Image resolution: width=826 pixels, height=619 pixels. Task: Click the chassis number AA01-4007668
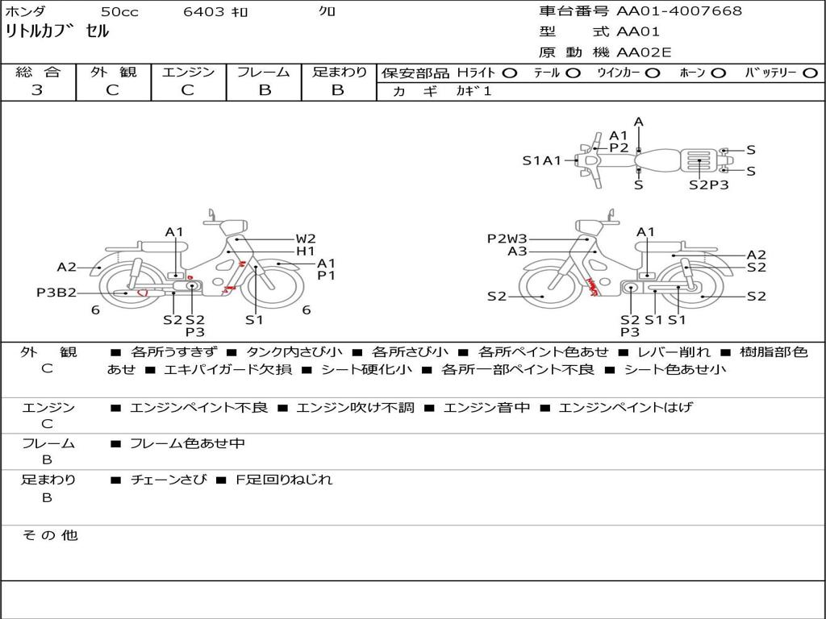[679, 11]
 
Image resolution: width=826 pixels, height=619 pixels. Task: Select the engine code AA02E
[645, 52]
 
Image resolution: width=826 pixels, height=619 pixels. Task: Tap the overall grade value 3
[37, 90]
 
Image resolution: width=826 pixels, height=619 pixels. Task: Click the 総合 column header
[38, 72]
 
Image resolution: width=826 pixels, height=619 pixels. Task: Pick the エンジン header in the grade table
[188, 72]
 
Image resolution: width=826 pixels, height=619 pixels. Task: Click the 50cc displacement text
[119, 12]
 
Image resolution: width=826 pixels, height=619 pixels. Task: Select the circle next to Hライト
[509, 73]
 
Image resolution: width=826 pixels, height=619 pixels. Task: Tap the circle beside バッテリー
[810, 73]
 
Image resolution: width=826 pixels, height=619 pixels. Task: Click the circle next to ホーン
[718, 73]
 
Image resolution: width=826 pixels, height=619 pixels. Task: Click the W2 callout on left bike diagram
[306, 239]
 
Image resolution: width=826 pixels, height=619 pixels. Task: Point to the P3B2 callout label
[56, 293]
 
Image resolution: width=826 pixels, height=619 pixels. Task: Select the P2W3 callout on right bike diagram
[507, 239]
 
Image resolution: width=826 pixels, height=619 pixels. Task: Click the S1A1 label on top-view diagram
[541, 160]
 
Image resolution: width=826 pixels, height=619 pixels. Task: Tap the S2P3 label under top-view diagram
[708, 185]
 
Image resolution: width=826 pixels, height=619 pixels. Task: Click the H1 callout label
[306, 251]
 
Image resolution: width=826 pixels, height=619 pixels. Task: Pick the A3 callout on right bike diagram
[517, 251]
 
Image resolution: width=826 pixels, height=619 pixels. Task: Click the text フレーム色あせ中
[187, 443]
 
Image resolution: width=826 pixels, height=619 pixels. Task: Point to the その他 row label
[49, 535]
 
